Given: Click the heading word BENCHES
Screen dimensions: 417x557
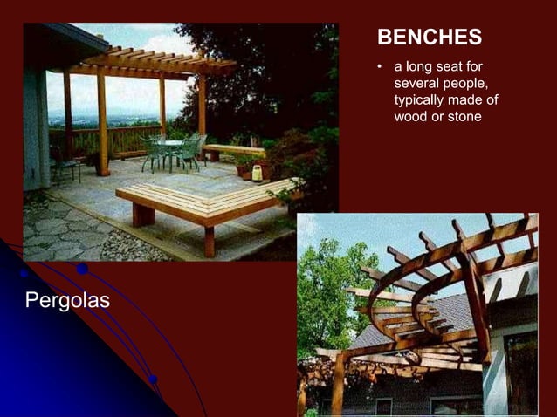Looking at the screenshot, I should pyautogui.click(x=429, y=38).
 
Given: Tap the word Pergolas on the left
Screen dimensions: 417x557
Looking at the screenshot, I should pyautogui.click(x=68, y=301).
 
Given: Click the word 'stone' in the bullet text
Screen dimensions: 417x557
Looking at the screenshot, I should pyautogui.click(x=464, y=116).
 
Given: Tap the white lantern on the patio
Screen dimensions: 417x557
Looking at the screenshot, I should pyautogui.click(x=257, y=172).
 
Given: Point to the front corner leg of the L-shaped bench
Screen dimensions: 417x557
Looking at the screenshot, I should pyautogui.click(x=209, y=240).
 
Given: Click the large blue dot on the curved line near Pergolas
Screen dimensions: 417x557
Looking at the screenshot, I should pyautogui.click(x=82, y=270).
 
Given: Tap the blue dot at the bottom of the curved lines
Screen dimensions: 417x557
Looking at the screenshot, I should pyautogui.click(x=153, y=379).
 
